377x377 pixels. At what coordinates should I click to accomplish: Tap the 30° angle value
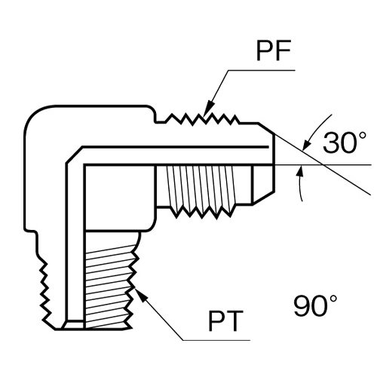coord(343,143)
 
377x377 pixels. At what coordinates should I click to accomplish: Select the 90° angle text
coord(316,305)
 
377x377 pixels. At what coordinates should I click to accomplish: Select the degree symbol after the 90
coord(334,299)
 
